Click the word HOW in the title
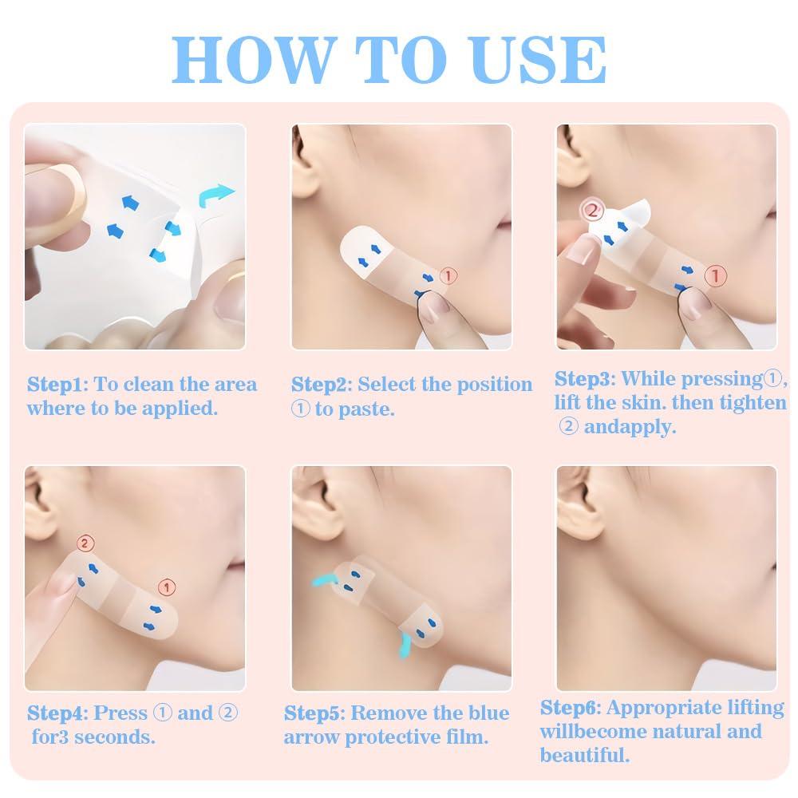coord(251,57)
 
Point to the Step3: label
coord(585,378)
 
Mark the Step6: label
coord(571,708)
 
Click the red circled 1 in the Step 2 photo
coord(449,276)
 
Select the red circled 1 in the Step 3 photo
coord(717,276)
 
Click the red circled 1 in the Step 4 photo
coord(167,587)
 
